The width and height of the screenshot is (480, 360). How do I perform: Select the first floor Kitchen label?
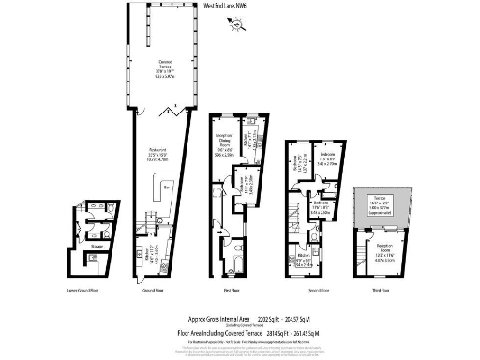tap(249, 140)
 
